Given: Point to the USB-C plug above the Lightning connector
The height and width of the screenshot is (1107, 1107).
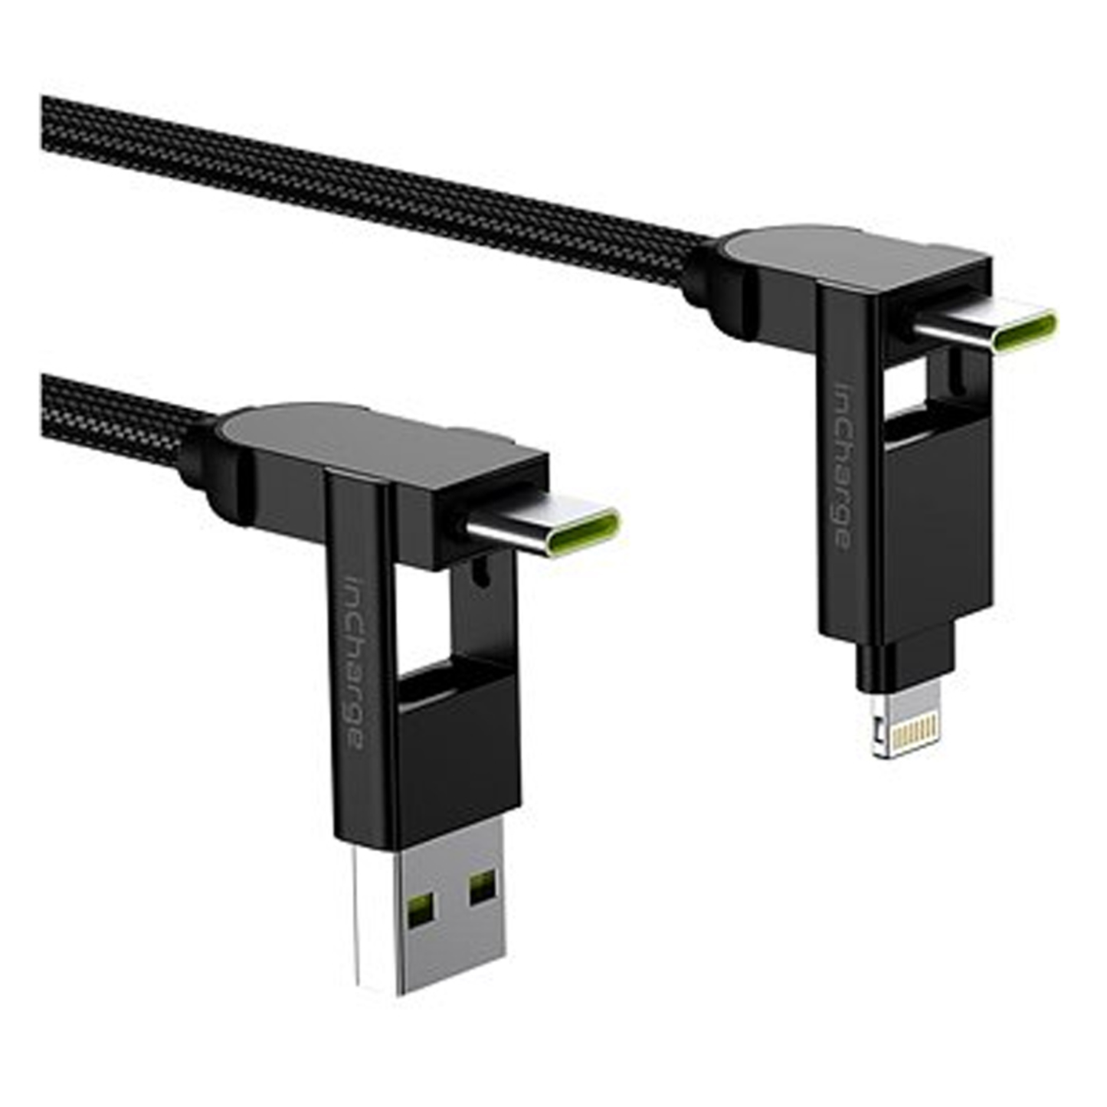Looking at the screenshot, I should click(x=988, y=327).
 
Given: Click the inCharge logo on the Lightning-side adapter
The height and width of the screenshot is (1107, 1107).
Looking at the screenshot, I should click(x=842, y=467).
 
